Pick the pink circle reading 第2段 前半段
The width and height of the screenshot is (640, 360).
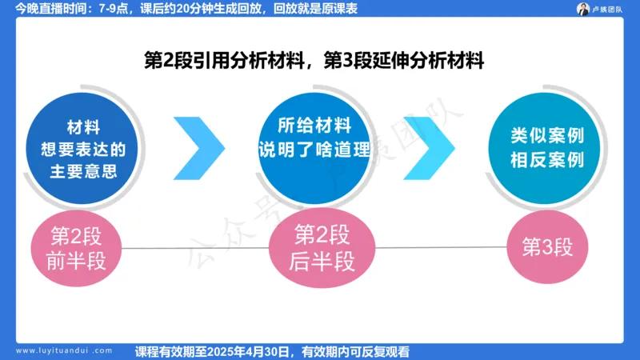pyautogui.click(x=78, y=248)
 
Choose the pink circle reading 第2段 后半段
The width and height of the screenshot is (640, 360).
pyautogui.click(x=320, y=248)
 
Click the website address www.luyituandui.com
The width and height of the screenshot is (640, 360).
pyautogui.click(x=65, y=350)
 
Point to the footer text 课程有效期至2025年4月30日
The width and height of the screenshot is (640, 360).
pyautogui.click(x=273, y=350)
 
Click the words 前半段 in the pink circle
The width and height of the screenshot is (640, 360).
pyautogui.click(x=78, y=261)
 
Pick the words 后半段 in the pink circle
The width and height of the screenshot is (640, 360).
pyautogui.click(x=320, y=261)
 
